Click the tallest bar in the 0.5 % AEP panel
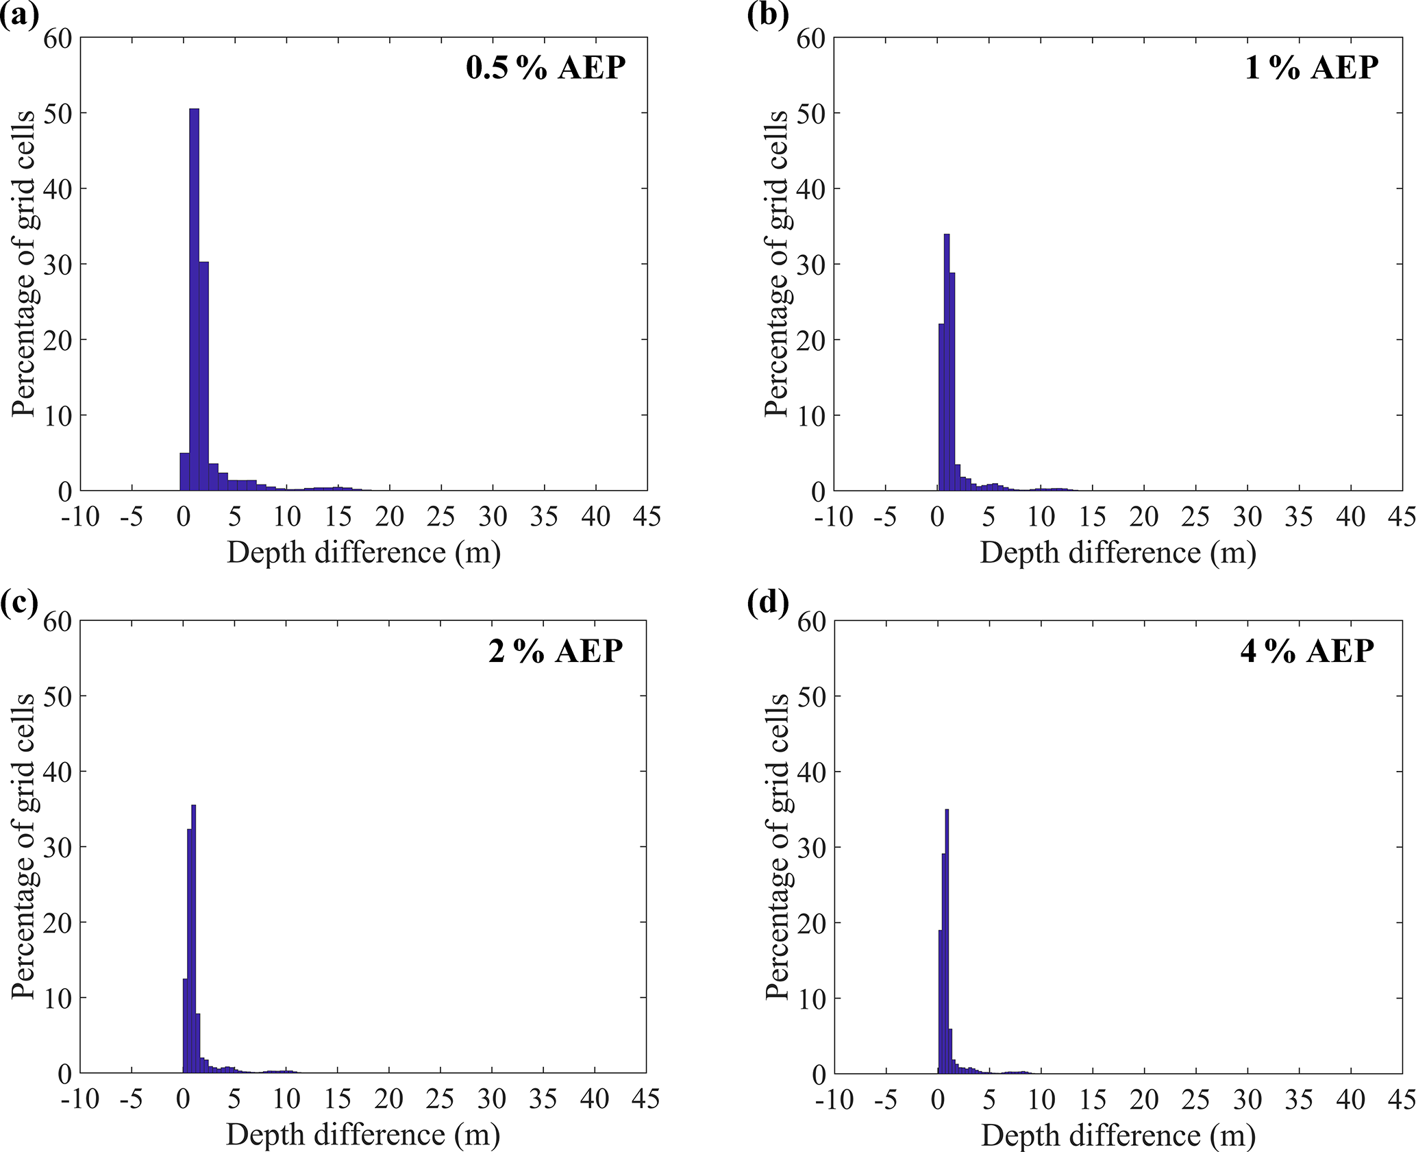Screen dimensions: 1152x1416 pos(194,302)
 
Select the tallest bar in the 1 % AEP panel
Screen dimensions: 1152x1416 pos(946,363)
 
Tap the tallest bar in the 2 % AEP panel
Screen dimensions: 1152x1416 pos(193,939)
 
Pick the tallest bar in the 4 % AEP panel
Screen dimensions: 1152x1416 pos(946,942)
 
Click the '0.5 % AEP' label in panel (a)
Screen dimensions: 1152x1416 pos(545,69)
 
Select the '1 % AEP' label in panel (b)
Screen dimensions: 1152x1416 pos(1311,69)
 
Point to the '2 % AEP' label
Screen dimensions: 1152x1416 pos(555,651)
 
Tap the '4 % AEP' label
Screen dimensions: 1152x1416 pos(1306,651)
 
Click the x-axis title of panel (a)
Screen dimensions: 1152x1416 pos(364,552)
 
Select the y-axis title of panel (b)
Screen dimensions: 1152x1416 pos(777,264)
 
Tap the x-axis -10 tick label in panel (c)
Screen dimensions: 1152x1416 pos(80,1099)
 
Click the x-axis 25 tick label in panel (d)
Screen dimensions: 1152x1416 pos(1195,1099)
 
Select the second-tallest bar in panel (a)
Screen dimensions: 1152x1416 pos(203,377)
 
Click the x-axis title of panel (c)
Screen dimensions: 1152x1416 pos(363,1135)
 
